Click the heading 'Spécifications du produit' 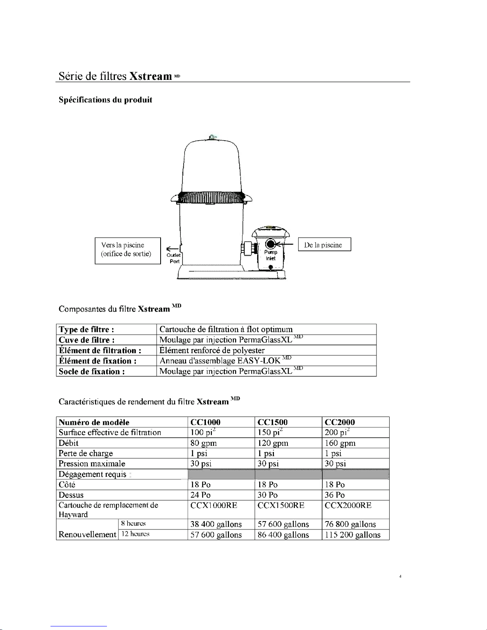click(x=105, y=100)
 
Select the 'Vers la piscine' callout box click(x=128, y=250)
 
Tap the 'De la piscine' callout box click(x=324, y=245)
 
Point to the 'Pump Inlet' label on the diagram click(x=271, y=255)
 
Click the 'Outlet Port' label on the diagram click(x=174, y=258)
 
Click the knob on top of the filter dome click(x=213, y=137)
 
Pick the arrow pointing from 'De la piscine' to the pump click(x=287, y=244)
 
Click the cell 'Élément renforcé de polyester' click(x=212, y=350)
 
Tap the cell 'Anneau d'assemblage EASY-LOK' click(x=220, y=361)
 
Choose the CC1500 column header click(x=273, y=422)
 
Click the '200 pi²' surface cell click(x=337, y=432)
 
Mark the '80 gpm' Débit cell click(x=204, y=443)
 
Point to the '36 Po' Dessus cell click(x=335, y=495)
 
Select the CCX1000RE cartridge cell click(x=214, y=506)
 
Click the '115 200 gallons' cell click(x=352, y=535)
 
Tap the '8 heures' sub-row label click(x=133, y=523)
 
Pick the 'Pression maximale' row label click(x=92, y=464)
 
